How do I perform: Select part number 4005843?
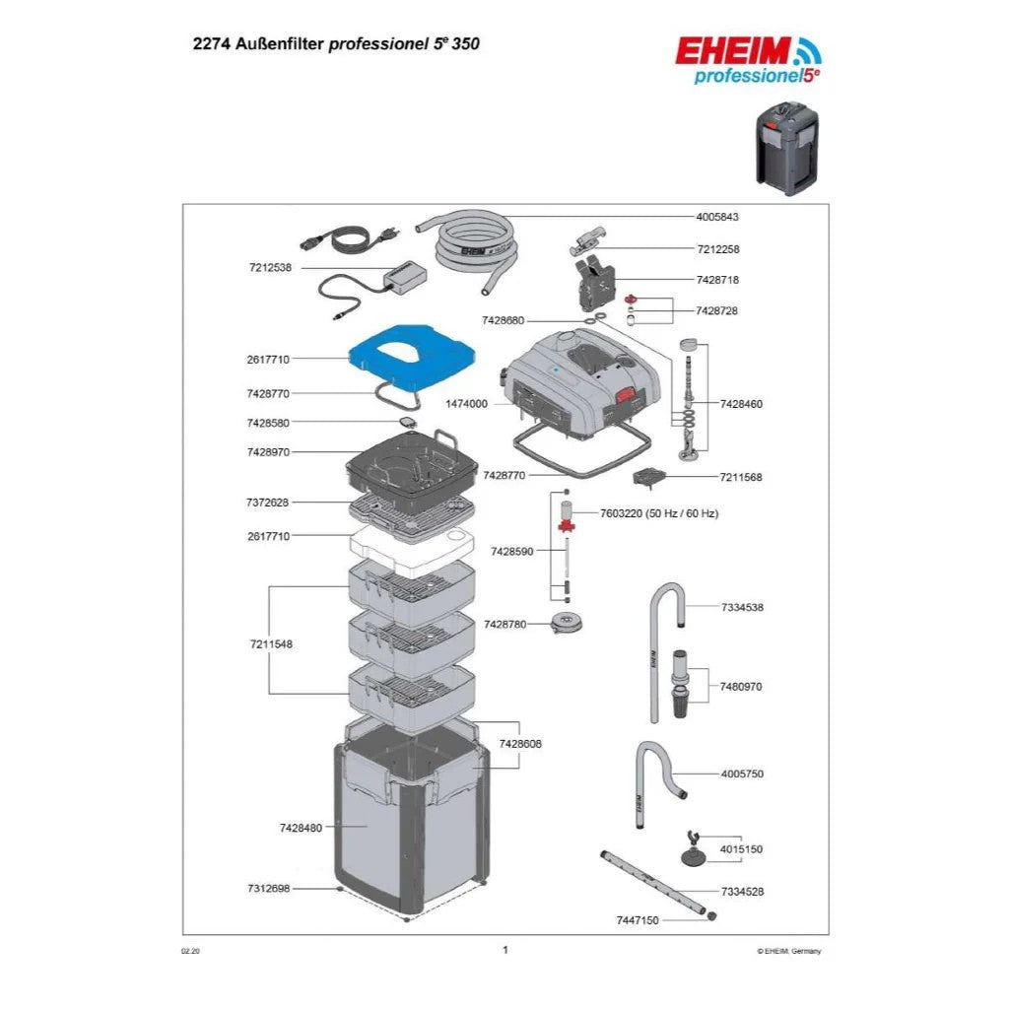[716, 217]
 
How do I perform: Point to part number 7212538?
[269, 267]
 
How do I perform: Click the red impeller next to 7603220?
[566, 527]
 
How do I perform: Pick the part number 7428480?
[301, 828]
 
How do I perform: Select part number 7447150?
[638, 919]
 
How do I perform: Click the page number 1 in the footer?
[504, 950]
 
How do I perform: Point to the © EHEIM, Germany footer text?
[788, 951]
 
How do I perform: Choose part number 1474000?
[467, 404]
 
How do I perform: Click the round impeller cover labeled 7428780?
[566, 624]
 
